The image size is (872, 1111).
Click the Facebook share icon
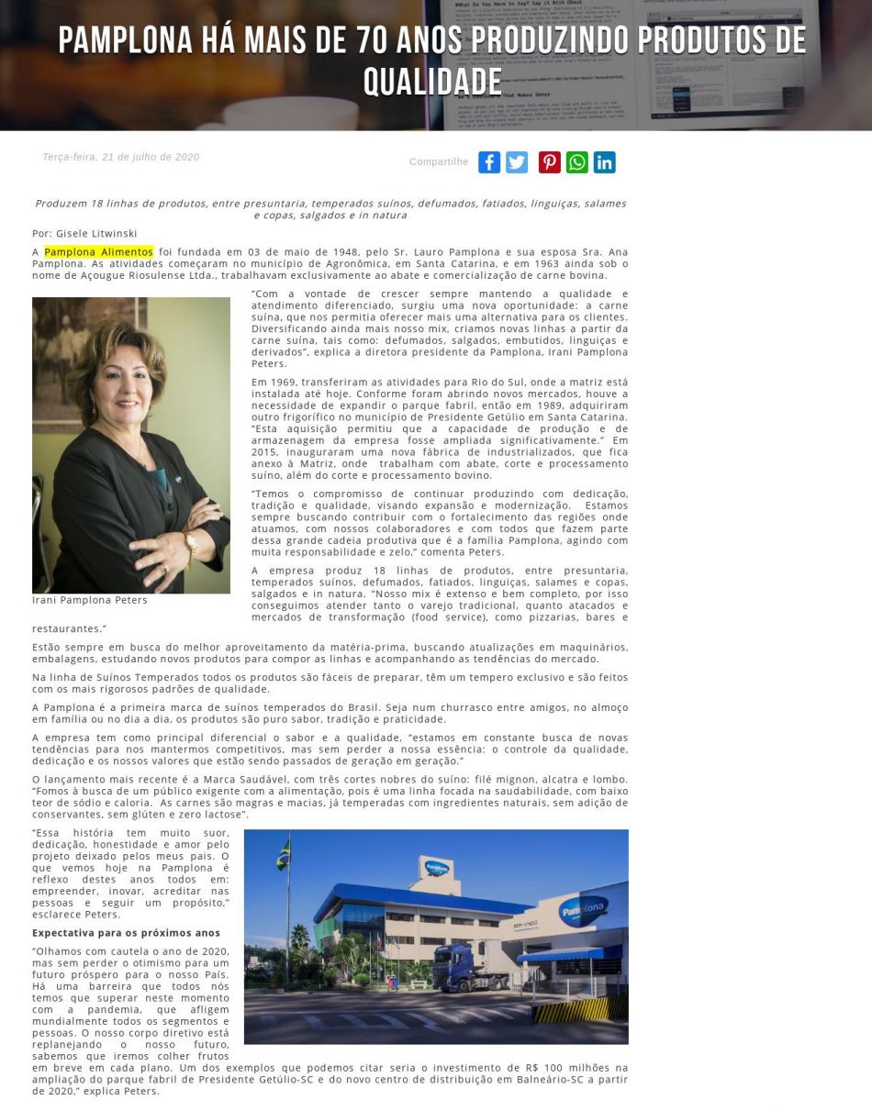click(489, 162)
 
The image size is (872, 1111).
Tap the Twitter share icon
click(517, 162)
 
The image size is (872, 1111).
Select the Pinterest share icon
click(549, 162)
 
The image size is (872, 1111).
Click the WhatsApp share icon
click(576, 162)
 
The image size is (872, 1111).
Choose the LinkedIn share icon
click(604, 162)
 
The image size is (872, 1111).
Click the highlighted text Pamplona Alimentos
click(98, 252)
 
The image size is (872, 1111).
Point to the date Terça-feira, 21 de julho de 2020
click(120, 157)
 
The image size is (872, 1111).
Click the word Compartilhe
click(439, 162)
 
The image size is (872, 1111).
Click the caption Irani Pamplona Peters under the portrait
click(89, 600)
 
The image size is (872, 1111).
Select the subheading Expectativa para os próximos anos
click(126, 933)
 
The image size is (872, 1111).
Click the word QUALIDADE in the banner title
click(432, 83)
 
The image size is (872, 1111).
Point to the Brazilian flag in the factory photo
click(284, 854)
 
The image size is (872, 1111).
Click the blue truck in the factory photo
click(464, 969)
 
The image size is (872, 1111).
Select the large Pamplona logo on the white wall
click(583, 910)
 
